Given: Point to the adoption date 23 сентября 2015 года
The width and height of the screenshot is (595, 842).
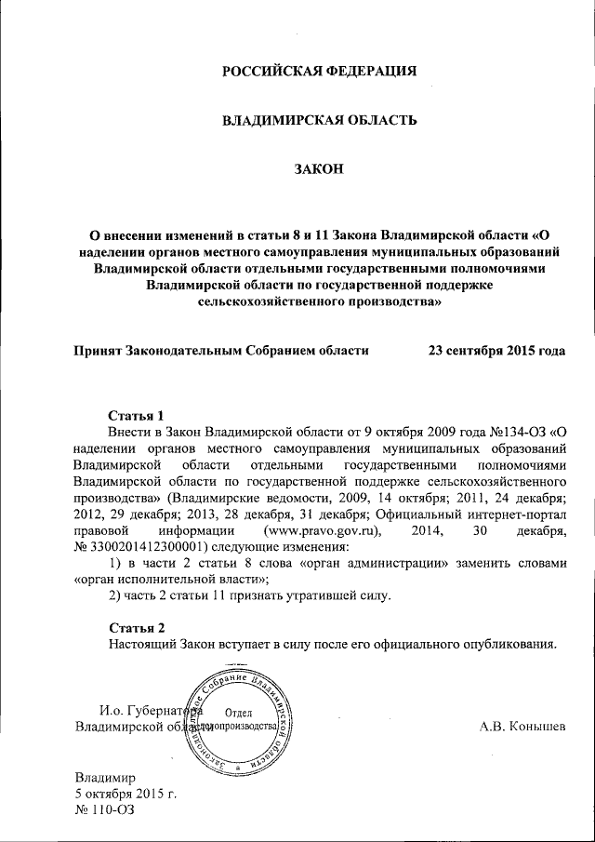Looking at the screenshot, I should click(496, 351).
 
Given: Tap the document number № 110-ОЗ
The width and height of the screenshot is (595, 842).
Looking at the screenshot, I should click(105, 811).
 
